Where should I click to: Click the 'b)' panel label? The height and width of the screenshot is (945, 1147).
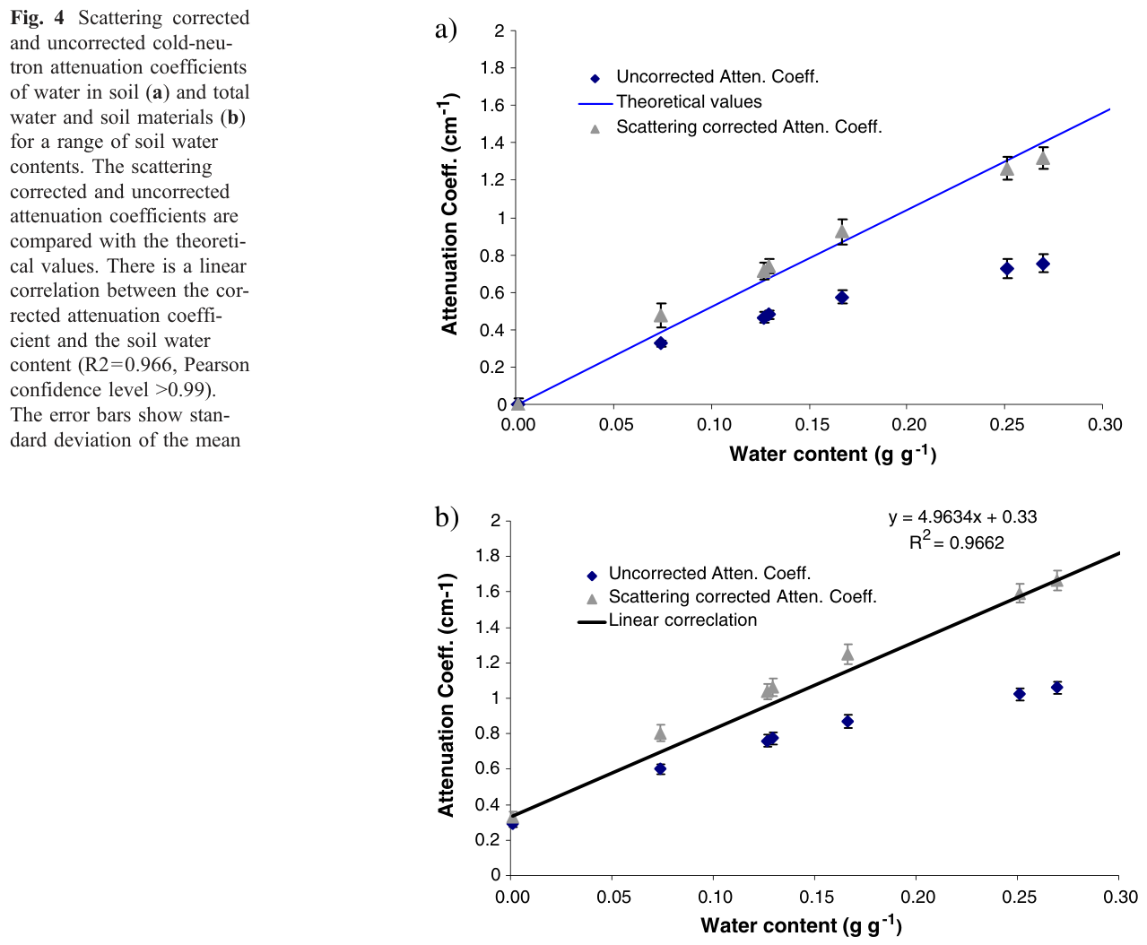[446, 516]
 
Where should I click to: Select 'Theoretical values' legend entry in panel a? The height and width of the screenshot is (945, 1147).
[689, 101]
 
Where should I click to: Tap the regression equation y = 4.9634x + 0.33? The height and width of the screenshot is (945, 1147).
[962, 516]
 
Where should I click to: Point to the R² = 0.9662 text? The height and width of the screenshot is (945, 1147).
[956, 541]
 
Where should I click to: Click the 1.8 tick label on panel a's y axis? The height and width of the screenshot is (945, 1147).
[491, 67]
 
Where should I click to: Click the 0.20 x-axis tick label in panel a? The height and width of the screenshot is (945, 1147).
[909, 424]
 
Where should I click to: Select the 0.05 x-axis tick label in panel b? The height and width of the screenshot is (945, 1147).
[613, 897]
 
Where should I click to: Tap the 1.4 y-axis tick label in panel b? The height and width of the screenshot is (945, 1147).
[488, 627]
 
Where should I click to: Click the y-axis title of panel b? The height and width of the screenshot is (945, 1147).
[446, 695]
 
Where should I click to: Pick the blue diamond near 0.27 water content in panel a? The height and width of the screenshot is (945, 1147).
[1043, 264]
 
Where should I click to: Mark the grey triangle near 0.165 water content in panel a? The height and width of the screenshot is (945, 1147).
[841, 231]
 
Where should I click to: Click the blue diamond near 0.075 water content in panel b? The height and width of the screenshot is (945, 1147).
[660, 768]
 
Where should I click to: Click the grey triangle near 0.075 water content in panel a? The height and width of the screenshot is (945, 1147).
[661, 316]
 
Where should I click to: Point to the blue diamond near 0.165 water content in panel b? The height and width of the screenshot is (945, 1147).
[847, 721]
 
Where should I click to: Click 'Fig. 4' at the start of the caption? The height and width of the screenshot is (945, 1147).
[37, 18]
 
